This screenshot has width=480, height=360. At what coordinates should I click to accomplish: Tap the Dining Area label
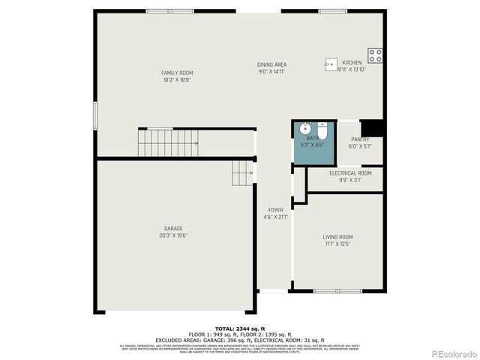[x=271, y=64]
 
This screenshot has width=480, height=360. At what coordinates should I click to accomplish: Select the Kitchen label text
[x=352, y=63]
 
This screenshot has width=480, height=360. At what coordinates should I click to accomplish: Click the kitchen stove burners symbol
[x=376, y=55]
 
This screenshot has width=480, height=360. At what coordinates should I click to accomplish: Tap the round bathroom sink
[x=306, y=127]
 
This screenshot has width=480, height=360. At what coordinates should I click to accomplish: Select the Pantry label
[x=360, y=139]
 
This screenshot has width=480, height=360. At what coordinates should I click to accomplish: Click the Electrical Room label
[x=349, y=173]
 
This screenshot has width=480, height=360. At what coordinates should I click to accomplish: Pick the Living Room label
[x=337, y=237]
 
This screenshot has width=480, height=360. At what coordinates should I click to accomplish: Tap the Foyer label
[x=275, y=210]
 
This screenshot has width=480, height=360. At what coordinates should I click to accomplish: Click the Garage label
[x=173, y=229]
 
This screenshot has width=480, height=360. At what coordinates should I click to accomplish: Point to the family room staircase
[x=167, y=140]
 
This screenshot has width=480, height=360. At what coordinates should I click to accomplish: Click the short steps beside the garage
[x=242, y=173]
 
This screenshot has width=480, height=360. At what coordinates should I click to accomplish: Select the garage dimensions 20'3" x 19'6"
[x=173, y=235]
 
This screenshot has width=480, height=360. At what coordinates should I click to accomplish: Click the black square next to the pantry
[x=372, y=128]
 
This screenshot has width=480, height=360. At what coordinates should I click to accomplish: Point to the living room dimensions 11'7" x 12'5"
[x=337, y=244]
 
